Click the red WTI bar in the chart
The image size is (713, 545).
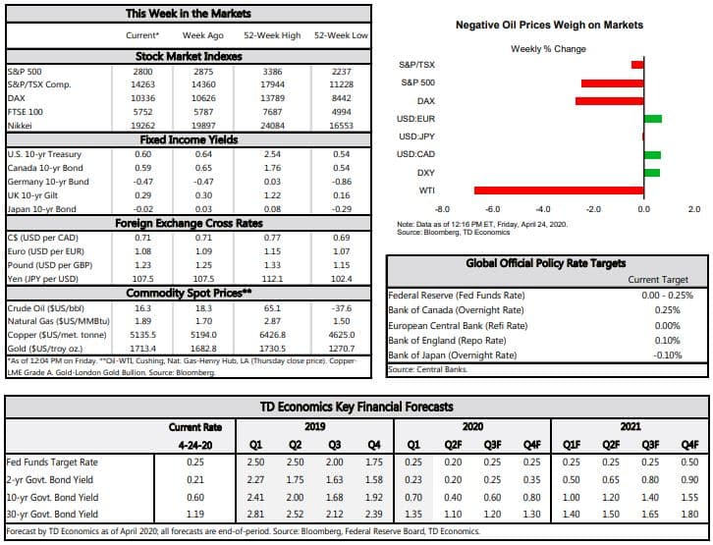click(x=559, y=191)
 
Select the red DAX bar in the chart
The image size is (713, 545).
click(x=610, y=100)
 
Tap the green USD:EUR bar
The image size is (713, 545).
click(x=653, y=119)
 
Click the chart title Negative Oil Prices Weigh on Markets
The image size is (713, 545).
click(x=549, y=25)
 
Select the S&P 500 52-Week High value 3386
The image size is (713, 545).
click(x=265, y=72)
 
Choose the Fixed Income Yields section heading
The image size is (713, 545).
click(x=188, y=140)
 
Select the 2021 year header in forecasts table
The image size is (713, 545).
click(x=631, y=426)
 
